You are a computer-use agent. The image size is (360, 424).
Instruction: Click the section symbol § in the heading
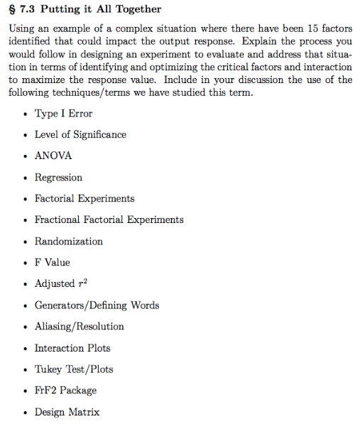pos(11,9)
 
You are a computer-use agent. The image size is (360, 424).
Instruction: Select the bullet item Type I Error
pos(63,114)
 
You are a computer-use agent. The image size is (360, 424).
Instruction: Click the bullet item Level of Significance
pos(80,135)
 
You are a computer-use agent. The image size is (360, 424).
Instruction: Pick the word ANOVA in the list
pos(53,156)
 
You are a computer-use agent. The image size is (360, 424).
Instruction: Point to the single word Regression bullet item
pos(58,178)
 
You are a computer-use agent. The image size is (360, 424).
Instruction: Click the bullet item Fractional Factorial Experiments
pos(109,220)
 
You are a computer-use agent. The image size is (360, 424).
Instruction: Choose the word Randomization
pos(68,241)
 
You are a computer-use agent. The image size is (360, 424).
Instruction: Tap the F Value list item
pos(52,263)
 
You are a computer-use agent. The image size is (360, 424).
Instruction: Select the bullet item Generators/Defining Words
pos(97,305)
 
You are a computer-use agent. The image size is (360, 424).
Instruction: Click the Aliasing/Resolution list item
pos(79,327)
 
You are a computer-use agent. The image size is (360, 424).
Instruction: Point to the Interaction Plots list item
pos(72,348)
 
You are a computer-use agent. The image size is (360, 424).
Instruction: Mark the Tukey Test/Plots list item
pos(74,369)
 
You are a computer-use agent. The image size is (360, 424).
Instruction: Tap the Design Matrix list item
pos(67,412)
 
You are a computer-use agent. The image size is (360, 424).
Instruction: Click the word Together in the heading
pos(138,9)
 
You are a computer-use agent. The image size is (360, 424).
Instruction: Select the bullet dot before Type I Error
pos(26,114)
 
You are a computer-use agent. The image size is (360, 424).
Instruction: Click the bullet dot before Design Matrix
pos(26,413)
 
